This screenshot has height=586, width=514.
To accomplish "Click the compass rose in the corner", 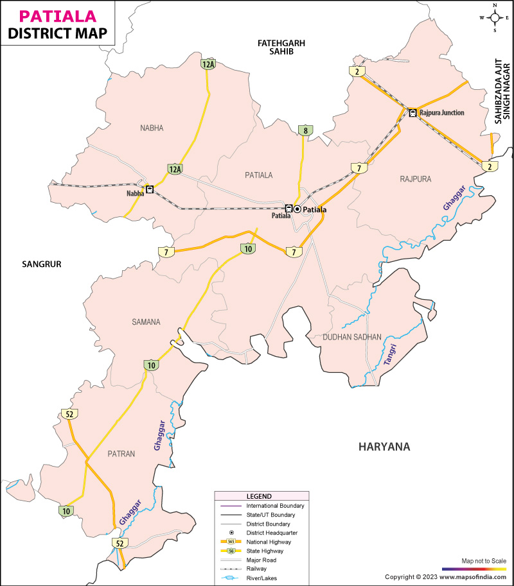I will coord(495,17).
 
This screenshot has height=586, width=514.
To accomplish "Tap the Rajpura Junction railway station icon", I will coord(412,113).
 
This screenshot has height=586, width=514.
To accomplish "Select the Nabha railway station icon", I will coord(149,190).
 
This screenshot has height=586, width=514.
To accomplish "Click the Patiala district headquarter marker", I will coord(297,209).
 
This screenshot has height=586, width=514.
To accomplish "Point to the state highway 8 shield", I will coord(305,131).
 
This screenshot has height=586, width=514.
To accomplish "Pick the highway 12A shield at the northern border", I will coord(208,64).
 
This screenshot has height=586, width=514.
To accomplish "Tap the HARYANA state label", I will coord(384,447).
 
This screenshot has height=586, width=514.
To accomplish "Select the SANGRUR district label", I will coord(41,263).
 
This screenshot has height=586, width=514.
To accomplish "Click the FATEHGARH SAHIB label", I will coord(281,47).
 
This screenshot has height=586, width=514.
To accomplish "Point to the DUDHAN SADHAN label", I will coord(352,336).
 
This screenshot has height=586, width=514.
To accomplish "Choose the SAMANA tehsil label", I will coord(146,322).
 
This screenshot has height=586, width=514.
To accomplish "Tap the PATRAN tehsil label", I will coord(121,454).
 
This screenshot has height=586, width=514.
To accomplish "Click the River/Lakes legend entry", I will coord(263,578).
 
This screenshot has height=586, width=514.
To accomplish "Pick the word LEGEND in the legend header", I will coord(259,496).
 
